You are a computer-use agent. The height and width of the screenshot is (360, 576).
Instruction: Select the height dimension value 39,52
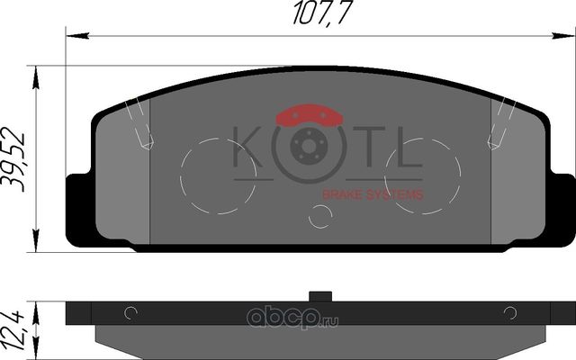pos(13,158)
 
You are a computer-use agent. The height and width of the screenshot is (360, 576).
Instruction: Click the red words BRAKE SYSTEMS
pos(373,193)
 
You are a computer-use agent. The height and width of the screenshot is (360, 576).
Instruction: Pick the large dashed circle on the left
pos(218,175)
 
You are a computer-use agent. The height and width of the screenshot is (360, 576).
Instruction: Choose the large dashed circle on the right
pos(423,175)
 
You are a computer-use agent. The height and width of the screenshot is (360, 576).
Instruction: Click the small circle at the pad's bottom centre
pos(320,216)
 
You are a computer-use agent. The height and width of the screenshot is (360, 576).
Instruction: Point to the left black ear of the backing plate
pos(79,209)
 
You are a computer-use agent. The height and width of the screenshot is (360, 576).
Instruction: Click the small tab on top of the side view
pos(320,296)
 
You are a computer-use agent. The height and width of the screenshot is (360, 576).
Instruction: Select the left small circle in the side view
pos(130,313)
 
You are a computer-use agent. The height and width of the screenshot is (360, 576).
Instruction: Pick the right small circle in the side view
pos(510,313)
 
